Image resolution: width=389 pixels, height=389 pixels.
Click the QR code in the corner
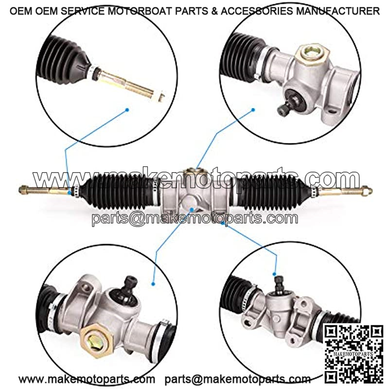(353, 354)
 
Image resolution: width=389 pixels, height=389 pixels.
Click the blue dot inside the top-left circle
(127, 110)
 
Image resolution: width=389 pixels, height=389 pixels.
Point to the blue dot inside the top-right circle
(253, 110)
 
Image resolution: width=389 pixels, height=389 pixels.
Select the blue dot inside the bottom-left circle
(153, 284)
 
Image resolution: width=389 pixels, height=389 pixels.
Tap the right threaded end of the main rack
(345, 191)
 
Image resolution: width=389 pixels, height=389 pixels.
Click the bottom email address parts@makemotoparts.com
(238, 380)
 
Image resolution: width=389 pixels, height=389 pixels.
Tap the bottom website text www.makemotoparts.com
(87, 380)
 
